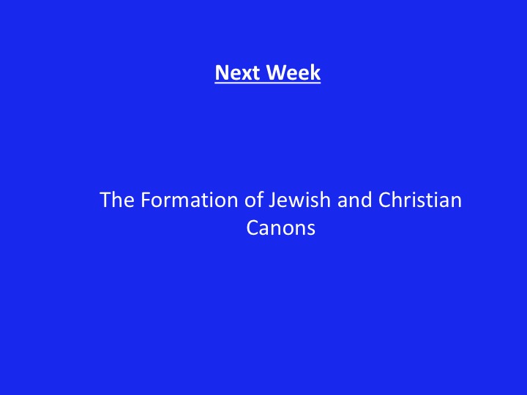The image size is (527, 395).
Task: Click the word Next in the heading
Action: click(237, 72)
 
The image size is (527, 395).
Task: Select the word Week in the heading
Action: click(293, 72)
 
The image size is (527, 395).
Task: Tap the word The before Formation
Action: click(117, 200)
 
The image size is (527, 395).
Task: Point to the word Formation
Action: click(190, 200)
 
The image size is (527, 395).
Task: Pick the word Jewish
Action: click(300, 200)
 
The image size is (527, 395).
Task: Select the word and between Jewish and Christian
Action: click(354, 200)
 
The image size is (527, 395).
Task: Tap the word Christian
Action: click(420, 200)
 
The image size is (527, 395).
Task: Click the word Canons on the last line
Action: click(280, 227)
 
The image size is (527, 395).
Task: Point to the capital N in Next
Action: click(222, 72)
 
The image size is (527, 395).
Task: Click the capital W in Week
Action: click(276, 72)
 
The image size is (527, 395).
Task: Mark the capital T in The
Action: click(106, 200)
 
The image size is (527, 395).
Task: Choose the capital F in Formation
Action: click(146, 200)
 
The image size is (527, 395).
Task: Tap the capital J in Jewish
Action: click(272, 200)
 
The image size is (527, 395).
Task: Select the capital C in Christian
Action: click(386, 200)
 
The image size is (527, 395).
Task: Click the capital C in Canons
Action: click(254, 227)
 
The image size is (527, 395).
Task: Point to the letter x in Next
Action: click(247, 75)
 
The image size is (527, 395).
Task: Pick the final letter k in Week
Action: click(315, 72)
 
